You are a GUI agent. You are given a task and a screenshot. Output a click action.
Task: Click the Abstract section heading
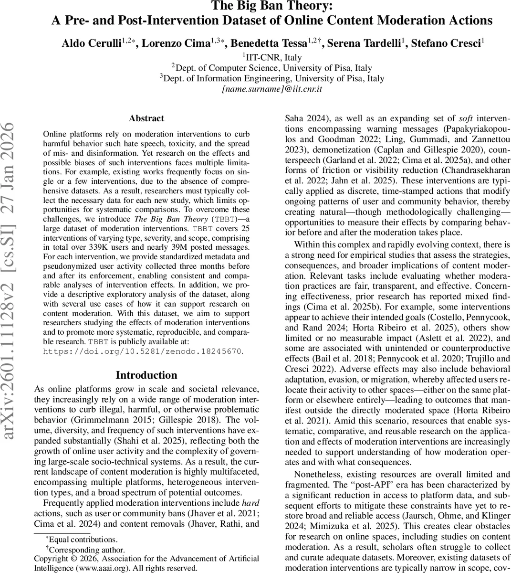[x=146, y=118]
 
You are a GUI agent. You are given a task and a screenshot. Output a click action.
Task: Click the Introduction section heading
[x=146, y=375]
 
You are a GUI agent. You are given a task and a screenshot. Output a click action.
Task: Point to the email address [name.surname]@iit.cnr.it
[x=272, y=89]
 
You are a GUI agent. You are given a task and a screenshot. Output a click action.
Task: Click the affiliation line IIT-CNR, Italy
[x=272, y=57]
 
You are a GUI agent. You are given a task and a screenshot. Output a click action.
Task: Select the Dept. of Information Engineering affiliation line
[x=272, y=78]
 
